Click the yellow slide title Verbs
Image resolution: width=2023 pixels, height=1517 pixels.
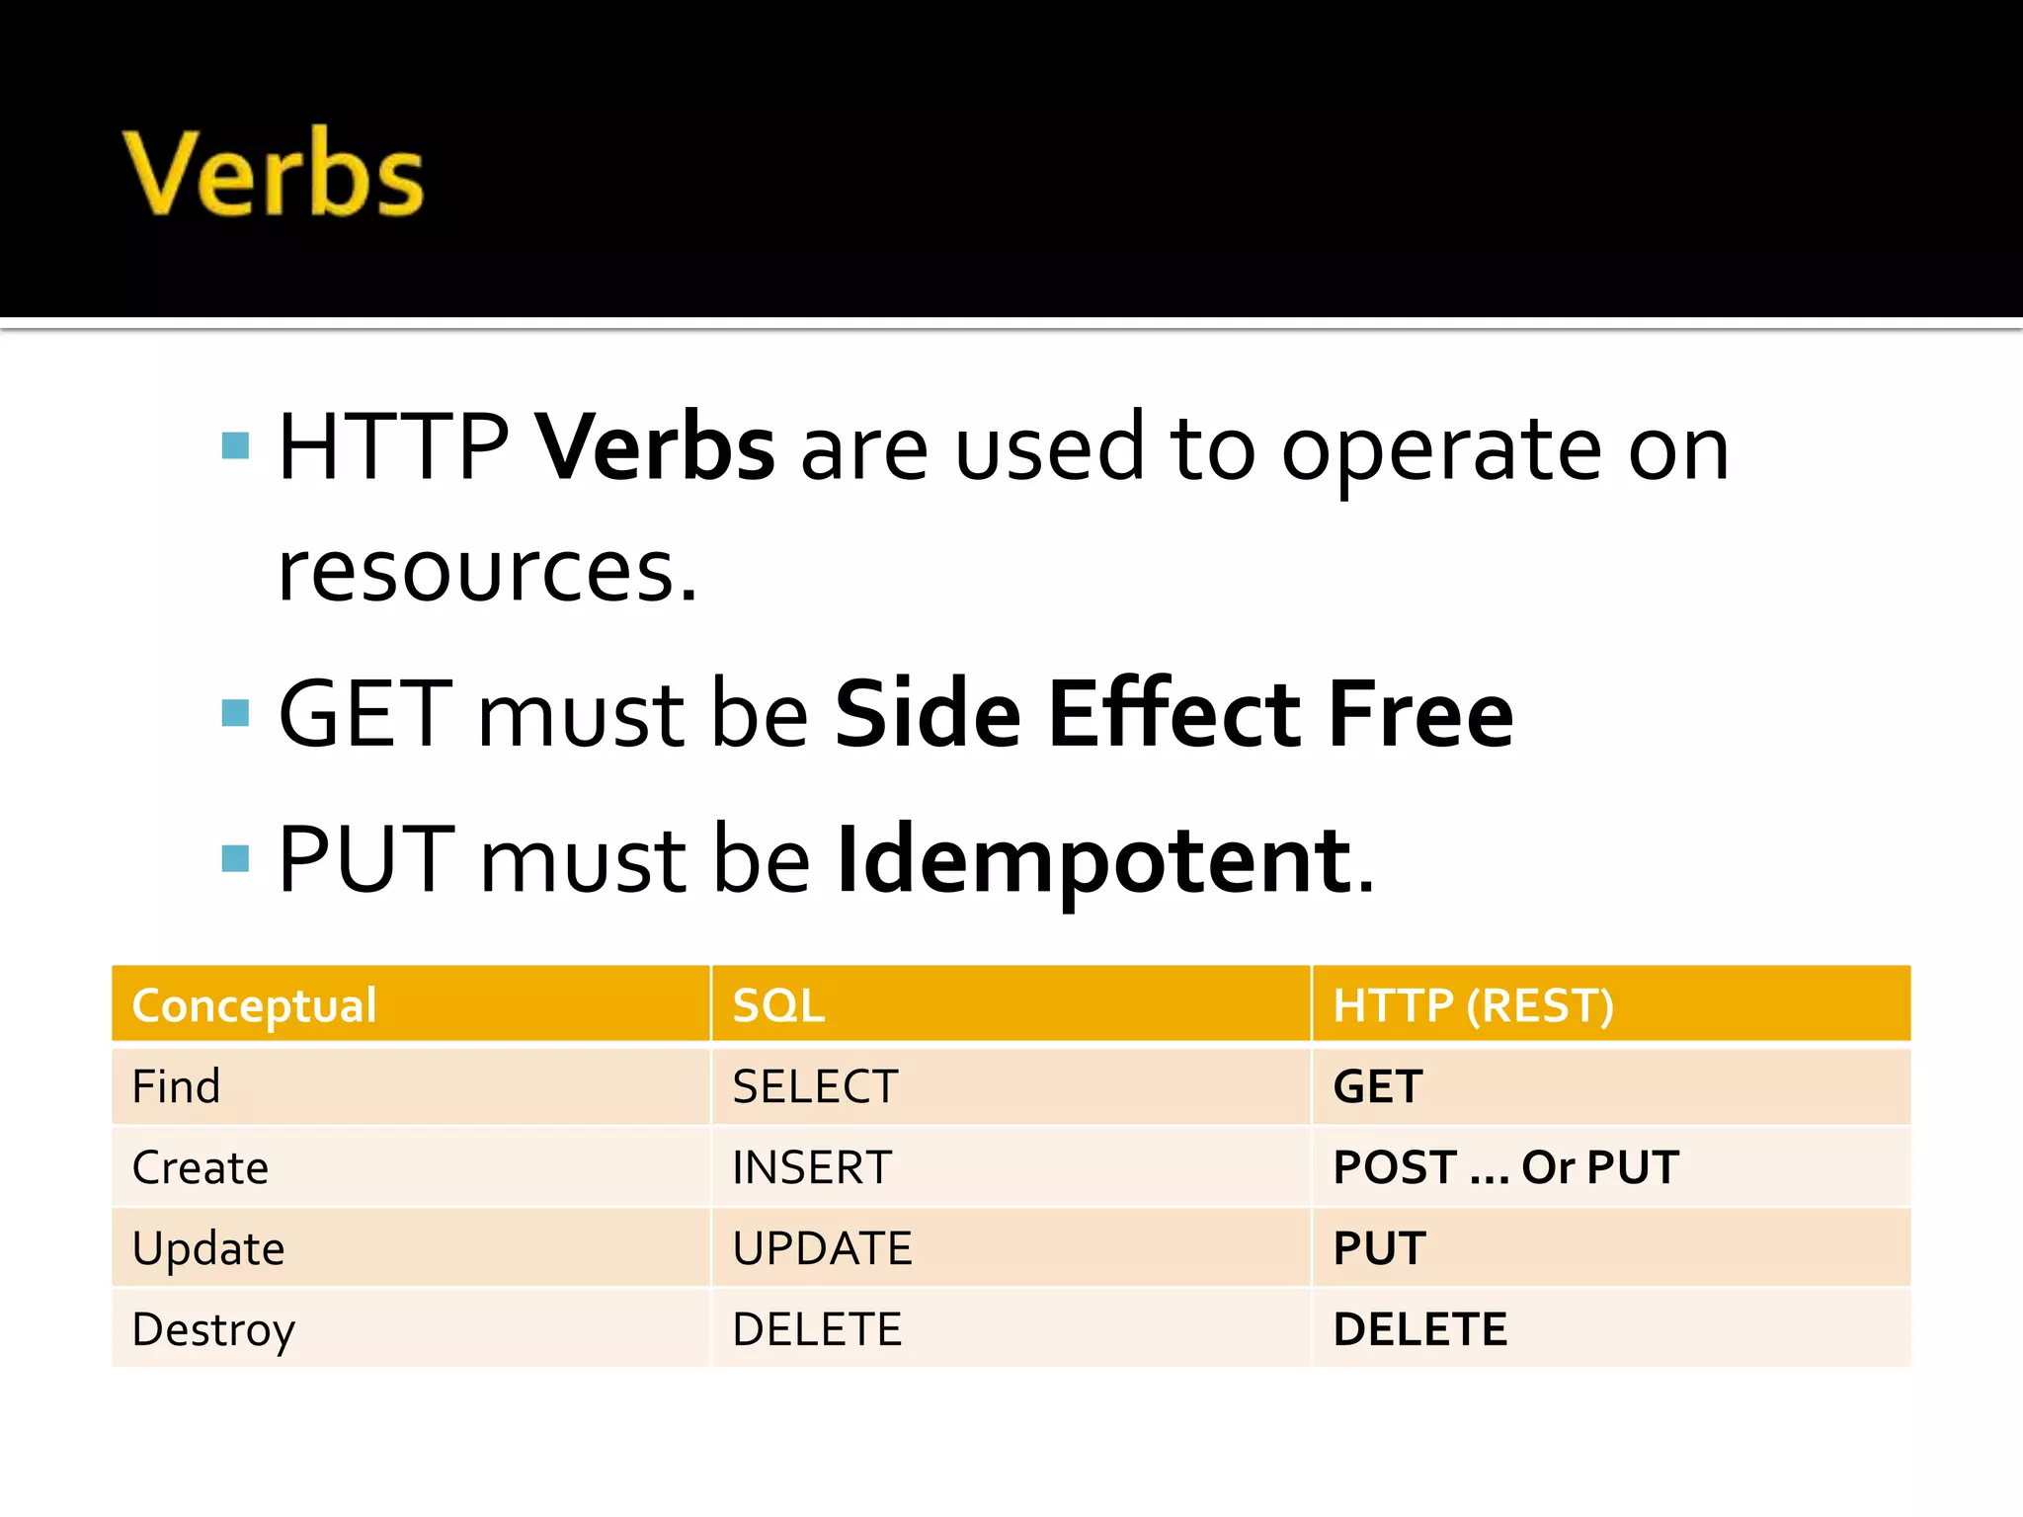pos(274,174)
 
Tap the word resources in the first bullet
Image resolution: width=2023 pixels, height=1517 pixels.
pos(486,573)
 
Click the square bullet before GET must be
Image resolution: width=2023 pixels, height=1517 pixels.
pos(236,712)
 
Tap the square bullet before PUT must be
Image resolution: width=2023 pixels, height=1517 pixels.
pos(236,858)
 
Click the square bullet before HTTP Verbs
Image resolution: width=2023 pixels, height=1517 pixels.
pos(236,446)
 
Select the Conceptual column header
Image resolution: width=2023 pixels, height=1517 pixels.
pos(254,1005)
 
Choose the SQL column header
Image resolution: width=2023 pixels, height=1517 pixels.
pos(778,1005)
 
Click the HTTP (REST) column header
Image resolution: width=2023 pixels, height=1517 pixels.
pos(1473,1005)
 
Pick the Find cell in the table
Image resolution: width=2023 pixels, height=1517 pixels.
pos(176,1087)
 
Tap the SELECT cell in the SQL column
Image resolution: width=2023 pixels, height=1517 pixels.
pos(815,1087)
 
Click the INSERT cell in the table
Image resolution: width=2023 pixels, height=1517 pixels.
pos(812,1168)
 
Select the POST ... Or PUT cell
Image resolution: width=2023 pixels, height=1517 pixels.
pos(1505,1168)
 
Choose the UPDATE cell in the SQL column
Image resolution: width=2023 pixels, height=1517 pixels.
pos(822,1249)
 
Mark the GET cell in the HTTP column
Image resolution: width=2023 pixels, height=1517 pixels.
pos(1378,1087)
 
